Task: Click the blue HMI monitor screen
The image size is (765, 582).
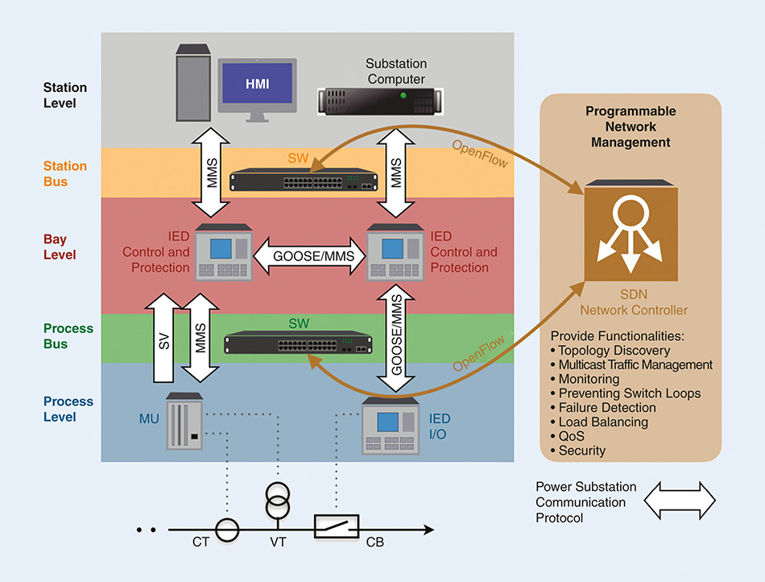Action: click(x=258, y=83)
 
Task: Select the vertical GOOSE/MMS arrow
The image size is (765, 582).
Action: click(x=395, y=334)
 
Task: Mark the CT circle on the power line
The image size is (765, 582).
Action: click(x=227, y=530)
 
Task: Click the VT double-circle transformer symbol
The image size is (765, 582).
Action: click(x=279, y=504)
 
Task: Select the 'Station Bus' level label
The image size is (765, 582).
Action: click(x=65, y=173)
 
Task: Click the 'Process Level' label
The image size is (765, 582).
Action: click(x=68, y=409)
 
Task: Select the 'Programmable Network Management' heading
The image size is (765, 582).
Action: click(x=631, y=127)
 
